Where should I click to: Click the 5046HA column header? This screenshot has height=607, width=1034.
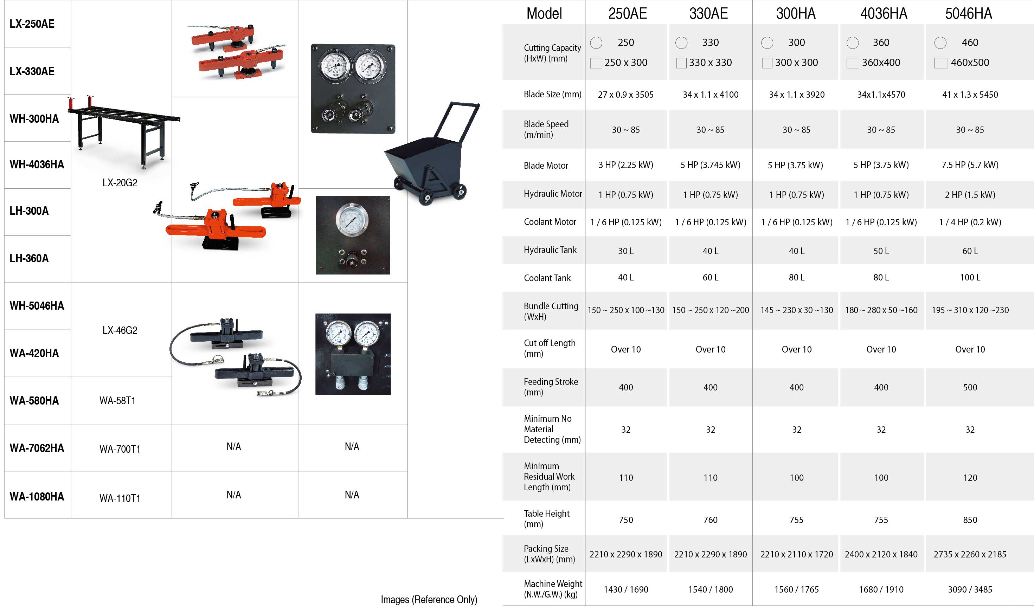[968, 14]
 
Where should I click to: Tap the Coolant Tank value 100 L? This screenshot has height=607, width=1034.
[970, 278]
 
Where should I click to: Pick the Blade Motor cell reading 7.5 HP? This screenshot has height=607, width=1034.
[970, 165]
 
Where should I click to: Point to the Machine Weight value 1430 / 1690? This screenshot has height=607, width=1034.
[626, 590]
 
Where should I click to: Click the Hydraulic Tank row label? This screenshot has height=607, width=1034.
[550, 250]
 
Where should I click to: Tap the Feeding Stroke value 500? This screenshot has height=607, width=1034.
[970, 388]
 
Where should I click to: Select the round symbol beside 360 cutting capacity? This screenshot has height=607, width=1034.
[853, 43]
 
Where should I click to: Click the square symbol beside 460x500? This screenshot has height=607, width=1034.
[941, 63]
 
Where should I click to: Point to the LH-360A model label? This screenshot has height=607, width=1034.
[29, 258]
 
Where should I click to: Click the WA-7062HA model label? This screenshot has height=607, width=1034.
[37, 448]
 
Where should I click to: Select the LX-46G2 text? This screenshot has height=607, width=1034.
[120, 330]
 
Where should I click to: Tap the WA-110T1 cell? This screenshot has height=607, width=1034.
[120, 498]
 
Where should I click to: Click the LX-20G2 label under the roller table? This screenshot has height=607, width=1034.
[120, 182]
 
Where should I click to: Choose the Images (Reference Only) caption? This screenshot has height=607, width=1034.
[429, 600]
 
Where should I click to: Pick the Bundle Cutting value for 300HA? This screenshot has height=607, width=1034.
[796, 310]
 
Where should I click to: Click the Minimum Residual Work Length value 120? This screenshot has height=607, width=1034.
[970, 478]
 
